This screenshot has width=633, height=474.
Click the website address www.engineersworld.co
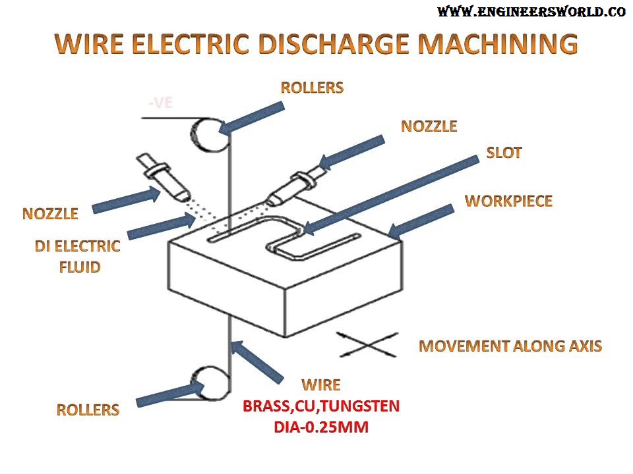(x=531, y=12)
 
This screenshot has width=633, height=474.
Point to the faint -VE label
(x=160, y=103)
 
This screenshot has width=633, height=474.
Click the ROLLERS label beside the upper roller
(x=312, y=88)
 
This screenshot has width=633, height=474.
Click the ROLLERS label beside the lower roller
(x=88, y=409)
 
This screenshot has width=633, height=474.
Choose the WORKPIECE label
(x=508, y=201)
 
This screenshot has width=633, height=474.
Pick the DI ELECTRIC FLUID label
(x=77, y=257)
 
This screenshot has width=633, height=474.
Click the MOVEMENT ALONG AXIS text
(x=510, y=346)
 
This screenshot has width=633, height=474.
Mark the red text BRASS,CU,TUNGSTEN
(x=321, y=406)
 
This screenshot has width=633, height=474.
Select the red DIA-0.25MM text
(x=321, y=427)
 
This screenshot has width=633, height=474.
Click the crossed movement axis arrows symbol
(x=367, y=344)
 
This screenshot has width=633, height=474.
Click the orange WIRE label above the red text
(x=321, y=384)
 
